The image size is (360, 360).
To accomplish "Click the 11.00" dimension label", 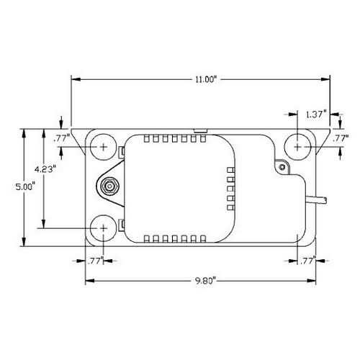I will pos(205,80).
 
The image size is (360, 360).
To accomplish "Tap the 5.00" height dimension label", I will pos(24,186).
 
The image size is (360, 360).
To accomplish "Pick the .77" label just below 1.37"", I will pos(340,137).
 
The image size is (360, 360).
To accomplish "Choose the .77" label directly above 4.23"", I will pos(60,137).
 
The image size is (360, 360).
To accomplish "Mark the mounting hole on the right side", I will pos(298,146).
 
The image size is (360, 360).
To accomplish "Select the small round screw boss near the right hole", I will pos(282,168).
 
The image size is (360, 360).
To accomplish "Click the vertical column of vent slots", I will pos(231,186).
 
